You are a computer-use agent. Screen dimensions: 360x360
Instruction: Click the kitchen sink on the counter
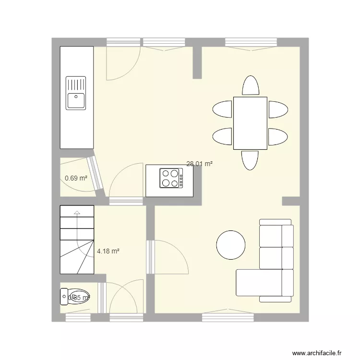click(x=76, y=93)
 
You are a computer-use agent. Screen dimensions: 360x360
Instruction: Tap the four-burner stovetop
click(x=171, y=178)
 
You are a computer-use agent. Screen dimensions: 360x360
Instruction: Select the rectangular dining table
click(x=250, y=123)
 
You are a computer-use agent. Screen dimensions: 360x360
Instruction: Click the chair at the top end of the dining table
click(x=251, y=86)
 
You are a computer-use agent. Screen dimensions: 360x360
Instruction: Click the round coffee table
click(x=231, y=245)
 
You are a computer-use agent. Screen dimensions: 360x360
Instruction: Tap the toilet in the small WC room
click(x=74, y=296)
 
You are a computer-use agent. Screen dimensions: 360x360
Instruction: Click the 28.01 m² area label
click(x=200, y=164)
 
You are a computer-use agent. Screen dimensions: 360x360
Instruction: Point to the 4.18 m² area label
click(x=108, y=251)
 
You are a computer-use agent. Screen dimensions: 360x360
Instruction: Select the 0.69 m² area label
click(x=76, y=178)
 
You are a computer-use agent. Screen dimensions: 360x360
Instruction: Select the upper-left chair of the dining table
click(x=222, y=109)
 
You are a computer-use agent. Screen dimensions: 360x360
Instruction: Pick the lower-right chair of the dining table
click(x=278, y=136)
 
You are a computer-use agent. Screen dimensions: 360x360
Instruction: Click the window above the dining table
click(x=252, y=42)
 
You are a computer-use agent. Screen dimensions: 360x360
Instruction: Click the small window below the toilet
click(x=77, y=317)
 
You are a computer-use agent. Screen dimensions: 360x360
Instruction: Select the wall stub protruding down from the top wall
click(x=197, y=62)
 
